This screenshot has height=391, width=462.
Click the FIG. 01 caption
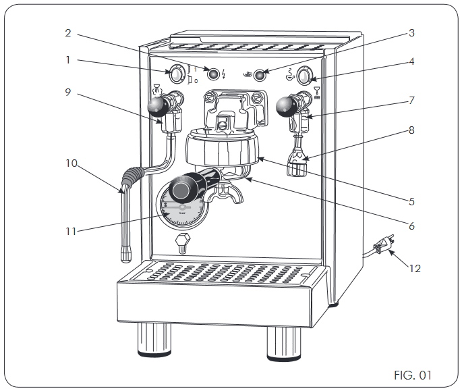tap(413, 374)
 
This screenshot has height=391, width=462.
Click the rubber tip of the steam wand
tap(125, 253)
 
